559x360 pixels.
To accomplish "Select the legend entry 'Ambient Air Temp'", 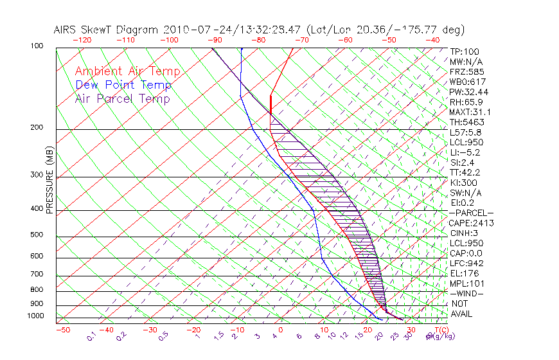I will pos(127,71).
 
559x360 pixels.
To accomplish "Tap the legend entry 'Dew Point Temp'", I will pos(123,85).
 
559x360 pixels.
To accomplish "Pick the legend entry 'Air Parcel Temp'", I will pos(123,98).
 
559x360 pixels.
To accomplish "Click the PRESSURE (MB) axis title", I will pos(49,180).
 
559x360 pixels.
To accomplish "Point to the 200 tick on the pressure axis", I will pos(37,128).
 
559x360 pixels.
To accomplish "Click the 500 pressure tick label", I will pos(37,235).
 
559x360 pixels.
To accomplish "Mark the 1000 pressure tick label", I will pos(35,316).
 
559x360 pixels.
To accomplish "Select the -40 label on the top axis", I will pos(432,40).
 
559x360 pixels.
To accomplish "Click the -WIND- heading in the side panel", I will pos(467,293).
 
